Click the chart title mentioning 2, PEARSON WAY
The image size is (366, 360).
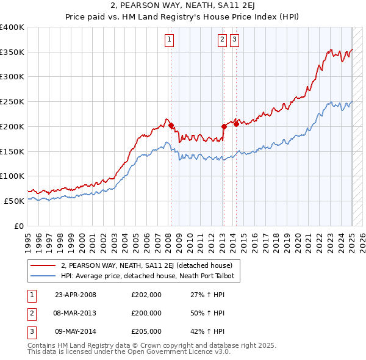182,7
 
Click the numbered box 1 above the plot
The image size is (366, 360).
168,40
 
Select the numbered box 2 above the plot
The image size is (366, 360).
222,40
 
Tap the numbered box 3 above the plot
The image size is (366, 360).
234,40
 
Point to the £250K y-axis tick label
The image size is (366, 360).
12,102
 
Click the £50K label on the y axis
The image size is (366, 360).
14,201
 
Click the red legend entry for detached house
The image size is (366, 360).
146,265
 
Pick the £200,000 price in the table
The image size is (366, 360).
146,313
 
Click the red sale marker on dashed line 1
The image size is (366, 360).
171,126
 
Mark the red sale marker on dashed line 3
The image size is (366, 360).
237,124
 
